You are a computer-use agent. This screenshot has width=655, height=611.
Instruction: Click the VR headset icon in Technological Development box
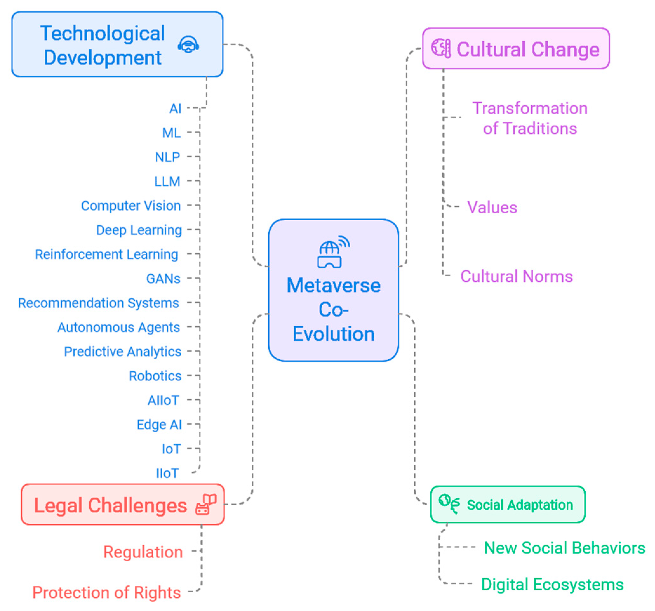(x=188, y=44)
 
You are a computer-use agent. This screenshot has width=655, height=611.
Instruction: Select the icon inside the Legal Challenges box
(x=206, y=504)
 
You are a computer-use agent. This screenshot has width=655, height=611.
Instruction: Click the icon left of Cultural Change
(x=441, y=48)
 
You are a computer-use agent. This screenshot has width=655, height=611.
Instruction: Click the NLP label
(x=168, y=157)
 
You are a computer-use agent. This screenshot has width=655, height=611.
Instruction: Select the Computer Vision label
(x=131, y=206)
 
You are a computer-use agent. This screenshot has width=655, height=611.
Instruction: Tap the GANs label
(x=163, y=279)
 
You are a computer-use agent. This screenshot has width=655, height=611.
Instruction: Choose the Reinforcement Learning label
(x=106, y=254)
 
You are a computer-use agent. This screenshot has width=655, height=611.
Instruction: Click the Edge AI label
(x=159, y=425)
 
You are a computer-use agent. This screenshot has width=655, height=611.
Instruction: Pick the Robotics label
(x=155, y=376)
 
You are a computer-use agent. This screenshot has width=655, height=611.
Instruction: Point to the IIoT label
(x=167, y=473)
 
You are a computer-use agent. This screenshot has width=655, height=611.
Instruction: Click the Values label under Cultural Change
(x=492, y=208)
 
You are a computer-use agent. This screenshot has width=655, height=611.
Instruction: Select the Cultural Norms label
(x=516, y=276)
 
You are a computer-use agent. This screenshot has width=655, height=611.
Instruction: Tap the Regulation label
(x=143, y=552)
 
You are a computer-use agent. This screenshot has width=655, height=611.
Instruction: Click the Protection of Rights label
(x=106, y=593)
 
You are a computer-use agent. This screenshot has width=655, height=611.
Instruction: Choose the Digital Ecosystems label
(x=552, y=585)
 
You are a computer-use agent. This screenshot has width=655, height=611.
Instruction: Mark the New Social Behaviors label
(x=564, y=548)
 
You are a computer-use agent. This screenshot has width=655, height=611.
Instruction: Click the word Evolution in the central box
(x=333, y=334)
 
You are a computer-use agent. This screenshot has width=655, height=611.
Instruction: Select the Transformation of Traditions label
(x=530, y=118)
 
